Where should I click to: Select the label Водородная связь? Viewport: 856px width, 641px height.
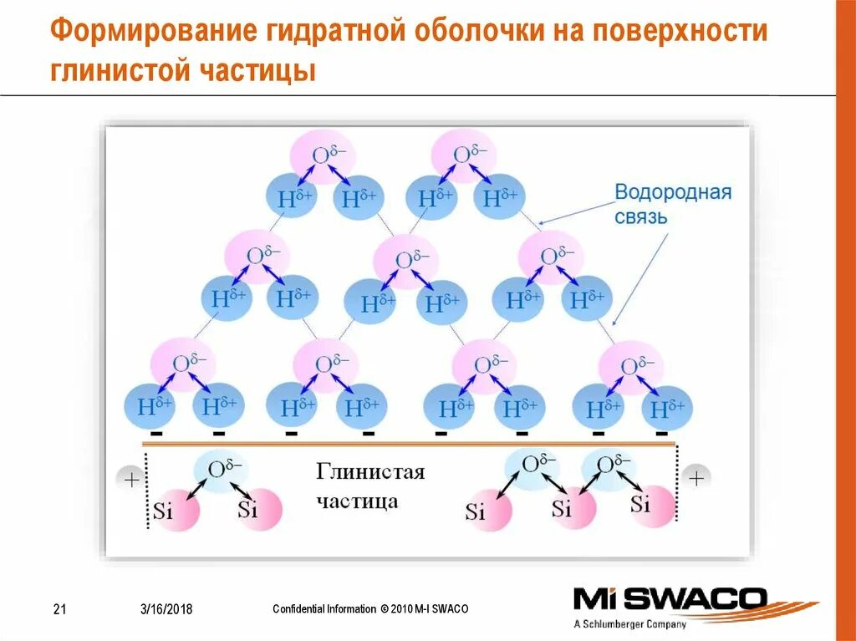pos(673,204)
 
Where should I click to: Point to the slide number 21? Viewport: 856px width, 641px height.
pos(59,608)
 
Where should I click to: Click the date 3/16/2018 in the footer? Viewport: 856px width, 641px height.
pos(166,608)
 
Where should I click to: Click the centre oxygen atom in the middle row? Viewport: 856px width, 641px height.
pos(405,261)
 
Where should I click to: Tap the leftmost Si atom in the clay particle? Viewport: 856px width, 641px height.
pos(166,508)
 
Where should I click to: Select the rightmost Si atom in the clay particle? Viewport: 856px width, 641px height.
pos(648,504)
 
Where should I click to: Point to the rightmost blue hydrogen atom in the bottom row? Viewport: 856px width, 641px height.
pos(667,409)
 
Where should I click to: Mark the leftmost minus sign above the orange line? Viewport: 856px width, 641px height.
pos(155,435)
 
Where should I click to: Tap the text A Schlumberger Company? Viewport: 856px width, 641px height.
pos(630,623)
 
